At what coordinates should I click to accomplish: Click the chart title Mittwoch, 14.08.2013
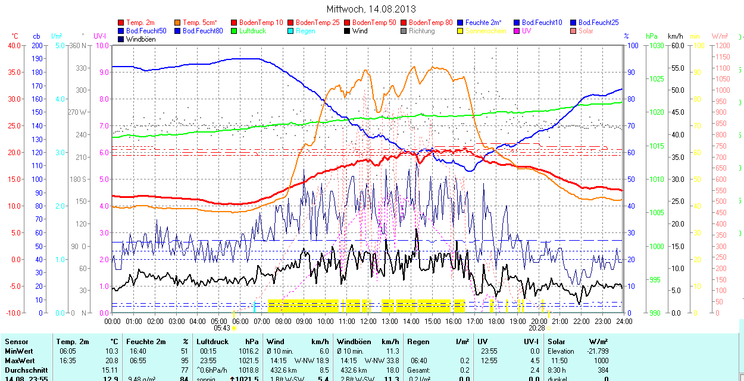click(371, 9)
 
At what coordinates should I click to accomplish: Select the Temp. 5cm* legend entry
click(199, 23)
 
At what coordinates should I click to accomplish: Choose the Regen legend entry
click(305, 31)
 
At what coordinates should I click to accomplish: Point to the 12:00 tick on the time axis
click(368, 321)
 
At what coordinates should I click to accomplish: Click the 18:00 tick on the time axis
click(496, 321)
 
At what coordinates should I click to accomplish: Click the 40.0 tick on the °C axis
click(12, 45)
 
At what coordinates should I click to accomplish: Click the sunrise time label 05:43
click(221, 328)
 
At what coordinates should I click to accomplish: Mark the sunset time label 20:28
click(537, 328)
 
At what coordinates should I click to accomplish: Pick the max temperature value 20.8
click(111, 361)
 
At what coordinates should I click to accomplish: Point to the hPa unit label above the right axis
click(652, 36)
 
